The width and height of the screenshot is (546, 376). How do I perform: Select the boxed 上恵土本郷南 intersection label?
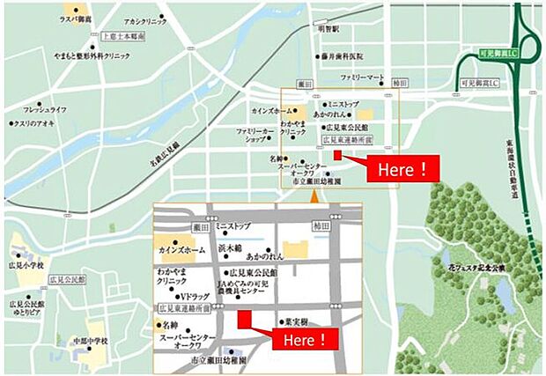123,38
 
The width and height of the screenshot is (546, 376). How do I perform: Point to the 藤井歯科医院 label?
346,55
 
